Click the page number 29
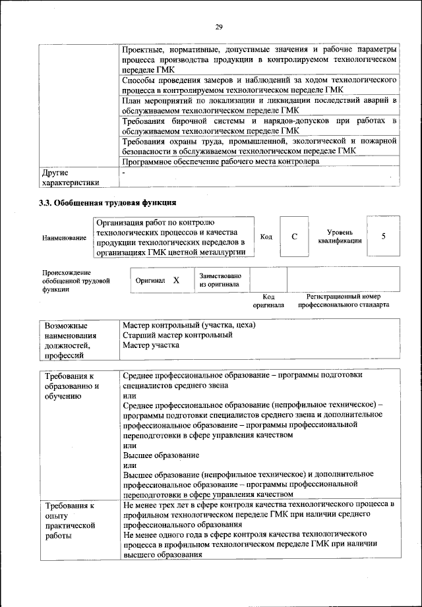(220, 27)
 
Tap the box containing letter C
(294, 237)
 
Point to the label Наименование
(64, 238)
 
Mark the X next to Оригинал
(176, 280)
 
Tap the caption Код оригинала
(268, 301)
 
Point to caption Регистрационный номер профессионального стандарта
(343, 301)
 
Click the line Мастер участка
(151, 345)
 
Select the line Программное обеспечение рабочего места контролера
(221, 161)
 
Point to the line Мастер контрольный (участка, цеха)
(189, 325)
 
